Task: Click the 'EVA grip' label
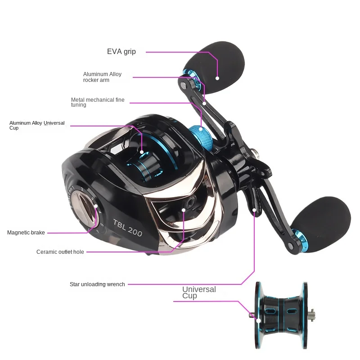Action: tap(121, 52)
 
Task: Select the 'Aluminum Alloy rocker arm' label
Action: tap(102, 77)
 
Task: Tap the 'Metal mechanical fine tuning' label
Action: tap(98, 102)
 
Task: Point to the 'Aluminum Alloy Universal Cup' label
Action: tap(37, 125)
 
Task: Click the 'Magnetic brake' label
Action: tap(26, 233)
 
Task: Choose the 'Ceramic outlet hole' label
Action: tap(60, 252)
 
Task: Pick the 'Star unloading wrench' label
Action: tap(97, 284)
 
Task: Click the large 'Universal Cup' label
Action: tap(199, 292)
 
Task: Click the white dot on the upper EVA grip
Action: tap(217, 78)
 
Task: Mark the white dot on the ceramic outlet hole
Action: tap(184, 209)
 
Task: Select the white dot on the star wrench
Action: tap(254, 210)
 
